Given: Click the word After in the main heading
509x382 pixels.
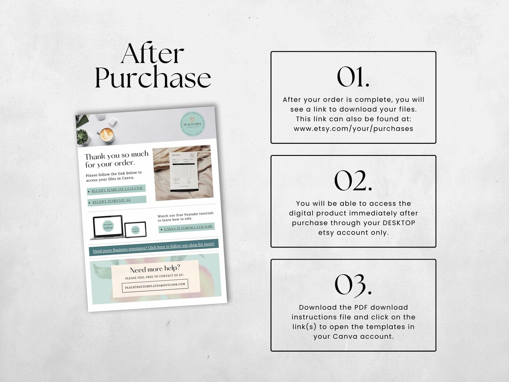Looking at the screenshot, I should (152, 54).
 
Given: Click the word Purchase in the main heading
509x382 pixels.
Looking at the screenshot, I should (153, 78).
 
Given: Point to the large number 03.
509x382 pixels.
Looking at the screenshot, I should (353, 285).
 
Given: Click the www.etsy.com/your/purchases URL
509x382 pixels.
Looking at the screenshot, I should (353, 129).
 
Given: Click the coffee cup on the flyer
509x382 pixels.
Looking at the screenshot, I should (107, 134).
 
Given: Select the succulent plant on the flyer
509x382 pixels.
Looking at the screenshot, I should (82, 136).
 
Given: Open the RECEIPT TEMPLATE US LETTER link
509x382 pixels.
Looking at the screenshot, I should (117, 189).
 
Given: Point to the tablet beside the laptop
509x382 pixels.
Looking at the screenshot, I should (135, 229).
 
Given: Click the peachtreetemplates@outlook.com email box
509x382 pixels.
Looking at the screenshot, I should (155, 285).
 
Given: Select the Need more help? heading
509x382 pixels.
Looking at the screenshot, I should (155, 269).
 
